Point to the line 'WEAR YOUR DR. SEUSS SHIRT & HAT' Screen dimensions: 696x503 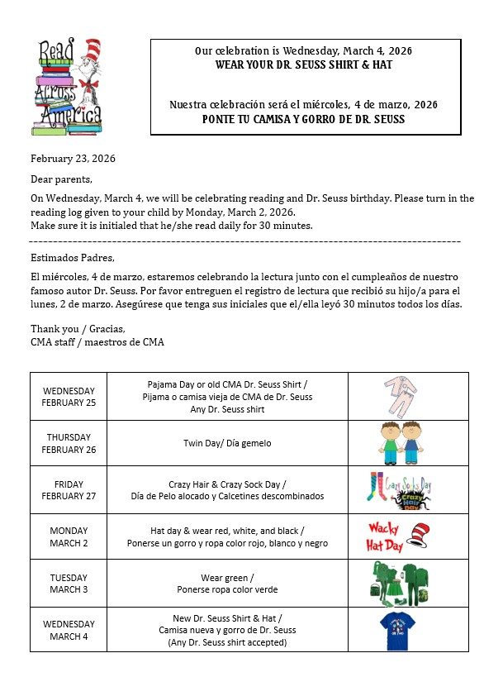click(x=305, y=64)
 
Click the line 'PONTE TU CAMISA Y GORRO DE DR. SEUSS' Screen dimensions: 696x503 click(x=305, y=119)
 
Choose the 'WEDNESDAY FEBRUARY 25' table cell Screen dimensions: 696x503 click(x=69, y=397)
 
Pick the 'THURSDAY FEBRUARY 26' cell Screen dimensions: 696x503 click(x=69, y=443)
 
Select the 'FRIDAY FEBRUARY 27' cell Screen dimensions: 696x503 click(x=69, y=490)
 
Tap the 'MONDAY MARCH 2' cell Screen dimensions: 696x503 click(x=69, y=537)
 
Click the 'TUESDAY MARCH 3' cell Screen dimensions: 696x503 click(x=69, y=584)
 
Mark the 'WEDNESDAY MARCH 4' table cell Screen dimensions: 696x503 click(x=69, y=630)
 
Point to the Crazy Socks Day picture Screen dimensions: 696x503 click(x=401, y=489)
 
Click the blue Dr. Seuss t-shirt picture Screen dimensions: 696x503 click(x=396, y=630)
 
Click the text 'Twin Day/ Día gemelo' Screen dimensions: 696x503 click(x=227, y=443)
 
